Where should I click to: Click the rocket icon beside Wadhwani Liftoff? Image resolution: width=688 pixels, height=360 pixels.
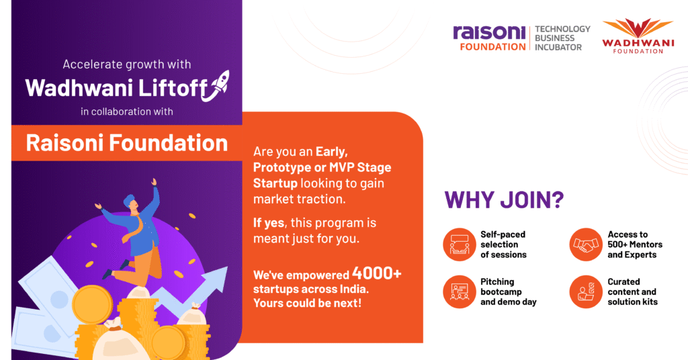(x=216, y=85)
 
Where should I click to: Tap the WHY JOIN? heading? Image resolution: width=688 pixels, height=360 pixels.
(x=504, y=200)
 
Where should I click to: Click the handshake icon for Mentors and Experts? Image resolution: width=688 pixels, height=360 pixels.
(x=586, y=244)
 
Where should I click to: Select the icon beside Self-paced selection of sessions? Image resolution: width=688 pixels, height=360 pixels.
(x=460, y=244)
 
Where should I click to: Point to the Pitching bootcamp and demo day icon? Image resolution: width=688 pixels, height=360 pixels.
(x=460, y=292)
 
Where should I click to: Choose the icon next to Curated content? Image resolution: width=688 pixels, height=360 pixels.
(x=586, y=292)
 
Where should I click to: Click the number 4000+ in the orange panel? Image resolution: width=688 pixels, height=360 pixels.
(x=376, y=273)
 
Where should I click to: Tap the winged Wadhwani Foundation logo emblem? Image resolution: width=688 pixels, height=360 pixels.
(x=638, y=28)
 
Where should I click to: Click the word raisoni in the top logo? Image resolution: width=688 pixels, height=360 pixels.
(x=489, y=32)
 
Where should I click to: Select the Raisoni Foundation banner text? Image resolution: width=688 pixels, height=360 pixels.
(x=127, y=143)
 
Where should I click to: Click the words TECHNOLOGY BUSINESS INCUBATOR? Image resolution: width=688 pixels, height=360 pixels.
(x=562, y=38)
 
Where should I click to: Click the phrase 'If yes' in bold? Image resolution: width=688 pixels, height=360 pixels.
(x=269, y=223)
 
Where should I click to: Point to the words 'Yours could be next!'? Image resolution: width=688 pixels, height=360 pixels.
(x=307, y=303)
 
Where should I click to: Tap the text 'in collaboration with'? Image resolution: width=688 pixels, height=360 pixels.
(x=127, y=111)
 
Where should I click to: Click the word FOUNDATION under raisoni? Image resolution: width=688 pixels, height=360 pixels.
(x=492, y=46)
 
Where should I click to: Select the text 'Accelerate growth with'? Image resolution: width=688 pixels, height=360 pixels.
(x=127, y=64)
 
